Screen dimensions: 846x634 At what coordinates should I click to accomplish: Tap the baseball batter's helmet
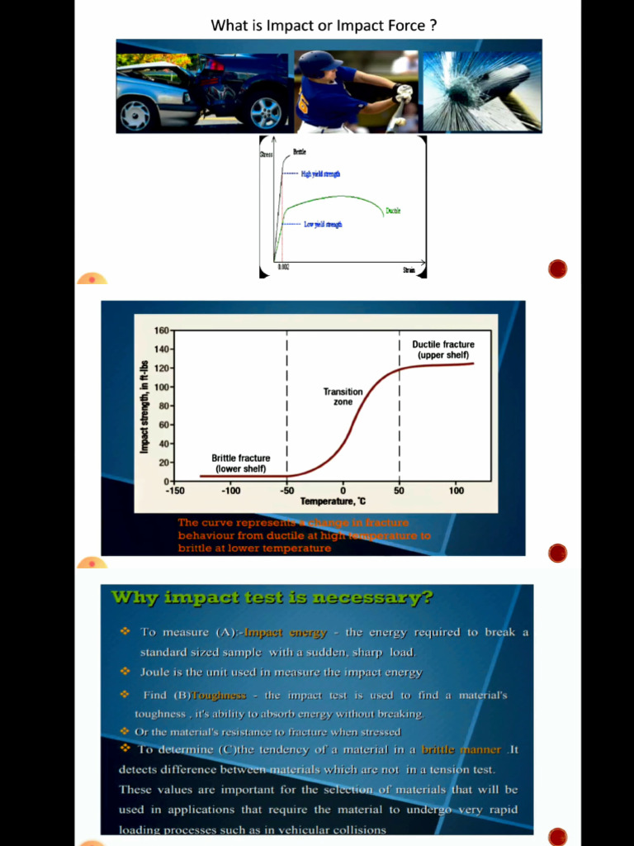[x=319, y=63]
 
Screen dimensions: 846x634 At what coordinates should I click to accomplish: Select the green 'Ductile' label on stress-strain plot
[x=393, y=211]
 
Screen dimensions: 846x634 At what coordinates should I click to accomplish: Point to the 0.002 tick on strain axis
[x=283, y=269]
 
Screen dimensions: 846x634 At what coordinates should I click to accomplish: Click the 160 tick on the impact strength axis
[x=161, y=330]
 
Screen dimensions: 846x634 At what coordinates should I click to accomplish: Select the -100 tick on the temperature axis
[x=230, y=491]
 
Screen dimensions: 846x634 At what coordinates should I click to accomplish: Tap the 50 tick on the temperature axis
[x=399, y=491]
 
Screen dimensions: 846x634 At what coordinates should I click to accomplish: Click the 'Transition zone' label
[x=343, y=397]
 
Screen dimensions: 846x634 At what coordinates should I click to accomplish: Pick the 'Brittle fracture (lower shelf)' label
[x=240, y=463]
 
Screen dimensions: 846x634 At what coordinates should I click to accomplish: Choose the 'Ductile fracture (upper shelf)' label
[x=443, y=349]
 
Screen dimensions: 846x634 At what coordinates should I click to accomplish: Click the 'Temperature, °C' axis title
[x=333, y=501]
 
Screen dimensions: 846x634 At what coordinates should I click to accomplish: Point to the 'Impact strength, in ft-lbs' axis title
[x=144, y=406]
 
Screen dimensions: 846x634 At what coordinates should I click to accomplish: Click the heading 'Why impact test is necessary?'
[x=272, y=597]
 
